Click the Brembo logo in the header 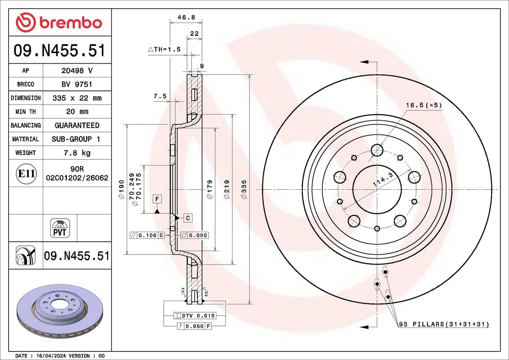[59, 22]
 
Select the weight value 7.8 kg [77, 153]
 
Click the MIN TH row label [25, 112]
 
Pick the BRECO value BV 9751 [77, 84]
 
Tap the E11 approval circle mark [26, 174]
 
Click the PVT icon [60, 228]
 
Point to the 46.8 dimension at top [186, 17]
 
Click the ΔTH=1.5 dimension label [164, 49]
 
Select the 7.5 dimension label [160, 96]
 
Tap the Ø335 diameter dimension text [244, 190]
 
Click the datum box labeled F [157, 199]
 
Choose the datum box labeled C [188, 218]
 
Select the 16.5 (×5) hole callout [424, 105]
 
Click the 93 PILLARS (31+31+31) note [444, 324]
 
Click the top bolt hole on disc [377, 150]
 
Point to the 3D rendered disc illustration [60, 311]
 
